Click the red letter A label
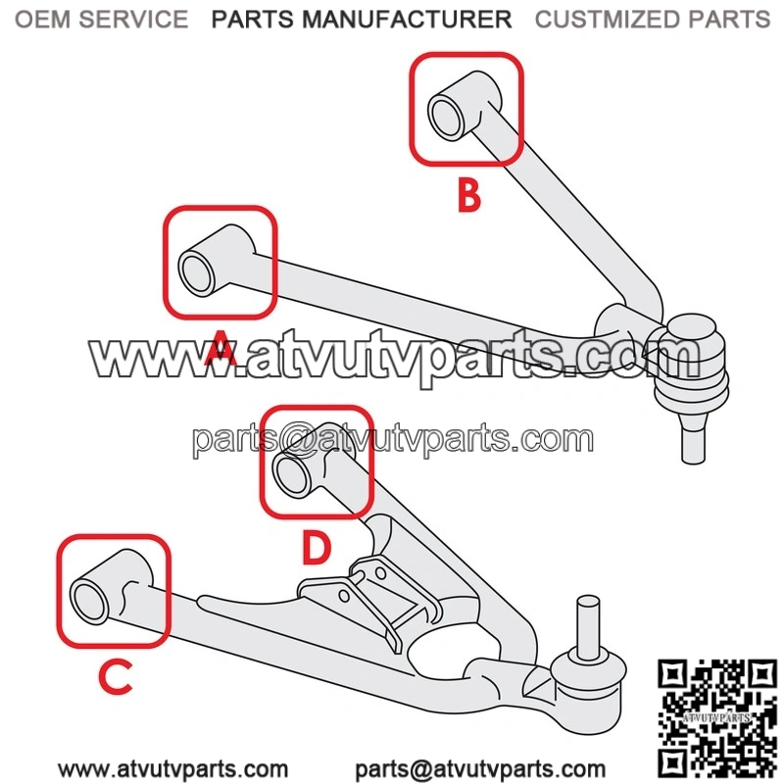[220, 347]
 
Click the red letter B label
[469, 195]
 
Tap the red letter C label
[116, 677]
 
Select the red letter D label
[317, 547]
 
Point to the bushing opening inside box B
[445, 118]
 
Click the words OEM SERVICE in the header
[102, 20]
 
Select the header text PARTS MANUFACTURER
[362, 20]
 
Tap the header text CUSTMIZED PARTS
[653, 20]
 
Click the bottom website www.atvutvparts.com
[173, 769]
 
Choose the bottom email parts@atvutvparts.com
[480, 769]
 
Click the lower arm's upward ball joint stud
[589, 626]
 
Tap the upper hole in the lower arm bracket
[380, 572]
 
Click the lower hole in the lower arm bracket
[344, 596]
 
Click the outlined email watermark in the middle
[393, 440]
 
